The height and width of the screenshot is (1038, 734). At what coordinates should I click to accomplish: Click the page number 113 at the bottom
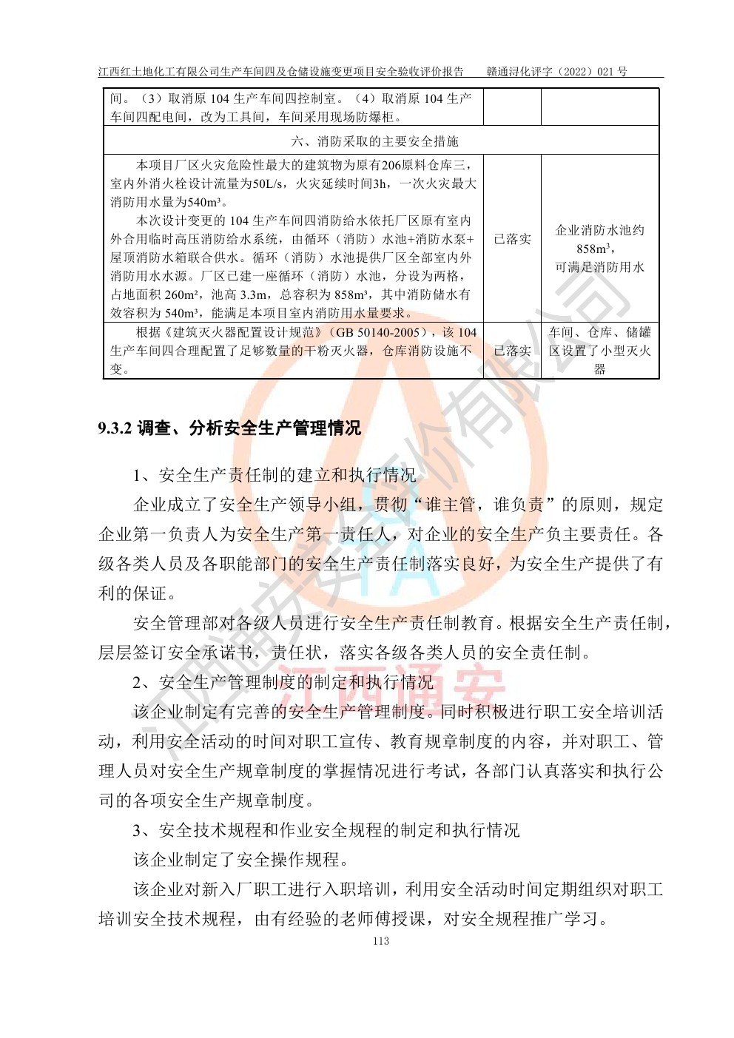click(x=381, y=941)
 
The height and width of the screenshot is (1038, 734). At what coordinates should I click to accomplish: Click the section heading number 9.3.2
click(x=114, y=428)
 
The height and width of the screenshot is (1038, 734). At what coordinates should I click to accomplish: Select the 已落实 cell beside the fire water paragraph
click(x=512, y=239)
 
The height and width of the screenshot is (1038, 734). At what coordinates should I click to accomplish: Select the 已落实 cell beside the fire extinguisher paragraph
click(x=512, y=351)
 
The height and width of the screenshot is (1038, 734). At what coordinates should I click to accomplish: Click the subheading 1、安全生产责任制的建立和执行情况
click(x=275, y=475)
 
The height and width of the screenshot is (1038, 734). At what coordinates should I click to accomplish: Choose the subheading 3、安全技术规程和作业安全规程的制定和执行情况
click(x=326, y=830)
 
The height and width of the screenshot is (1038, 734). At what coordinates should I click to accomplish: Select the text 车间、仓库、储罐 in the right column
click(x=599, y=332)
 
